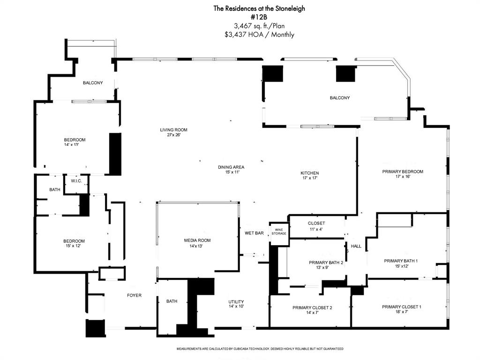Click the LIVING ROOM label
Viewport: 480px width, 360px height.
coord(173,130)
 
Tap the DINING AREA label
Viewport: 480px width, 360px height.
coord(231,167)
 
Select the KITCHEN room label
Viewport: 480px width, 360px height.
coord(309,173)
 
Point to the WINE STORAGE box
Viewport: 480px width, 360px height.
coord(278,231)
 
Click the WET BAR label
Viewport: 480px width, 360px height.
coord(254,233)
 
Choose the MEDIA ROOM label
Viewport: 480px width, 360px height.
coord(197,240)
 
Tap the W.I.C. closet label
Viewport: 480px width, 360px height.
coord(76,181)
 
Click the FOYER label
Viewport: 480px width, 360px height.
coord(134,295)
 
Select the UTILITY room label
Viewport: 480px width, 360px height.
coord(236,301)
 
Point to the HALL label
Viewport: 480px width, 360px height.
coord(356,246)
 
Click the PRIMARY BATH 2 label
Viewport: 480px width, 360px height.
coord(326,262)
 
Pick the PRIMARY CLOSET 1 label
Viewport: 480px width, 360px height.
coord(401,307)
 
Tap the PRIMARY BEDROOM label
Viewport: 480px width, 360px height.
coord(402,172)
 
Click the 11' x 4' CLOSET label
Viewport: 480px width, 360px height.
coord(316,223)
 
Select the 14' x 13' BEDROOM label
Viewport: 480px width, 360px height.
coord(75,140)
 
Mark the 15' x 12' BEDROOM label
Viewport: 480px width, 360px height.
coord(74,241)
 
